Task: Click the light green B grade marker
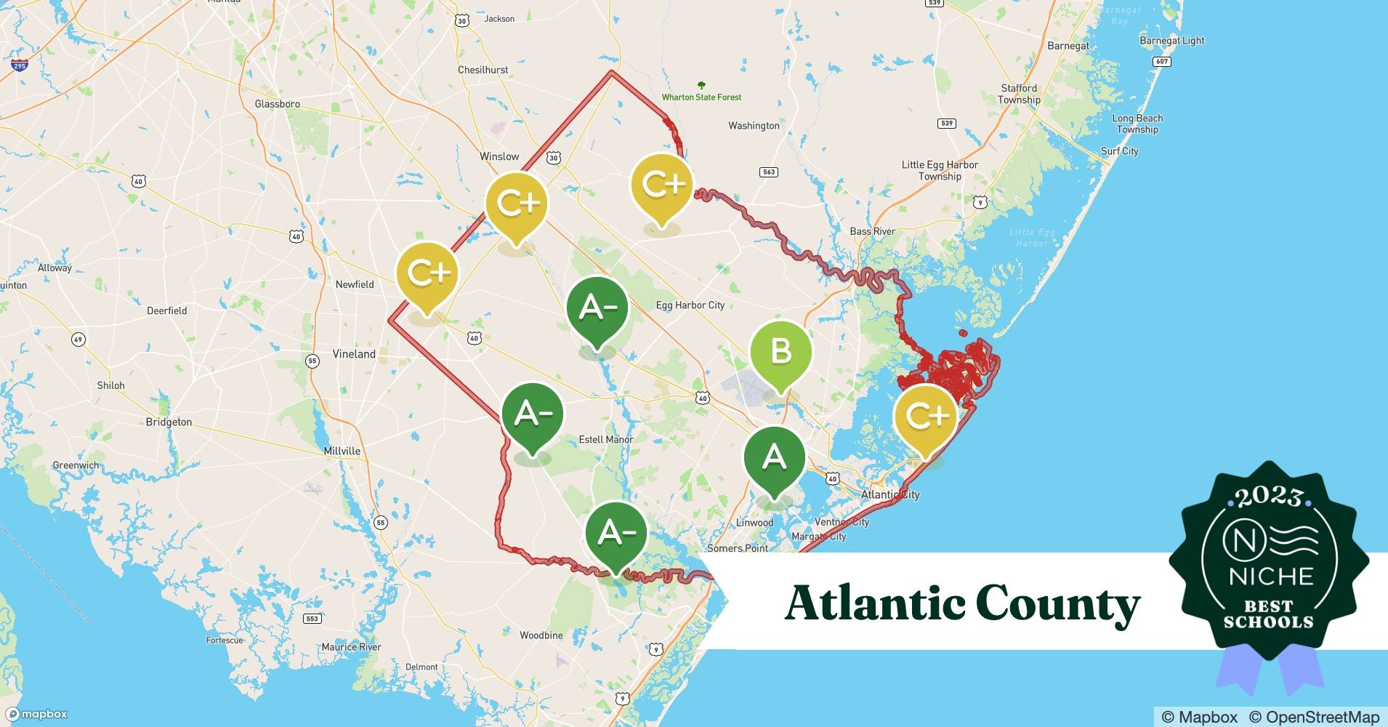click(780, 352)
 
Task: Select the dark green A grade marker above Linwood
click(774, 458)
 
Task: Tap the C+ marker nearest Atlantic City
click(926, 416)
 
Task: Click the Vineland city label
click(354, 354)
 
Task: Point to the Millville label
click(342, 451)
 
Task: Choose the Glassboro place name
click(277, 104)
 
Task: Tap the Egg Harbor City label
click(690, 305)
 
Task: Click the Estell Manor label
click(605, 439)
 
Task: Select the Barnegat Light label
click(1171, 41)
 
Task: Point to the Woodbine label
click(541, 635)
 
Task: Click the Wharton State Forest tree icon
click(701, 85)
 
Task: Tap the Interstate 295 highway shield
click(20, 65)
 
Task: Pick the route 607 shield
click(1162, 61)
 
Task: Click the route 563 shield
click(768, 172)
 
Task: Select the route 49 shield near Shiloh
click(78, 340)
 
